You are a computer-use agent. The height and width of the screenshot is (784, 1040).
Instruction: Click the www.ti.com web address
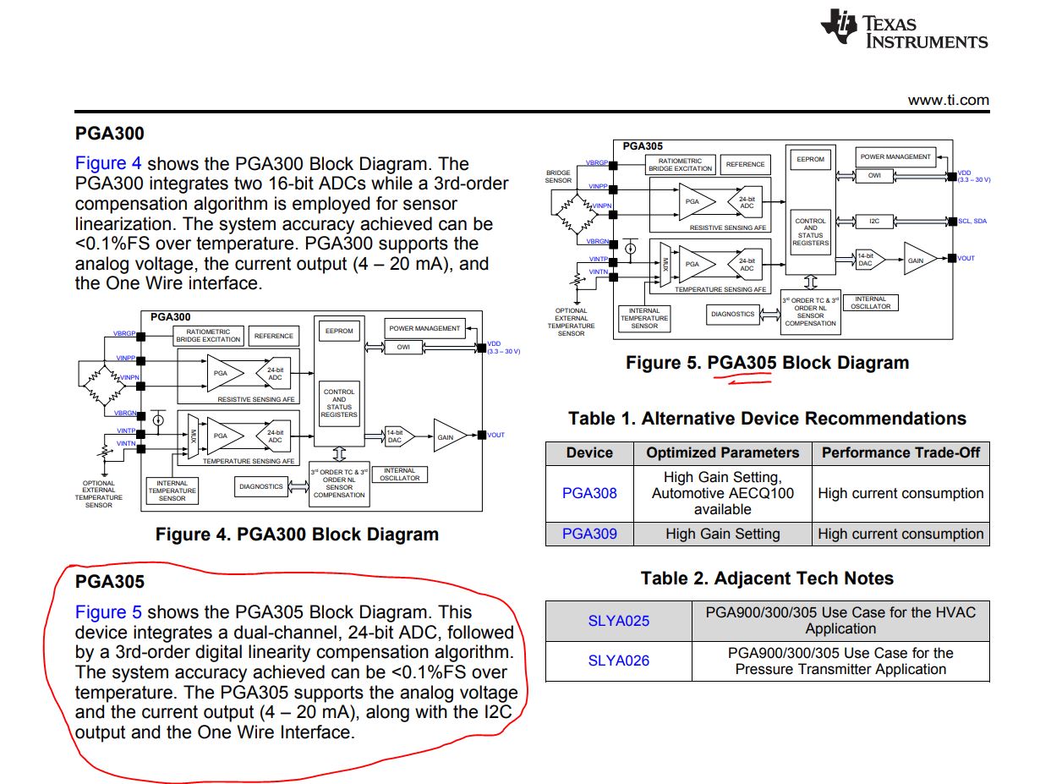pyautogui.click(x=948, y=100)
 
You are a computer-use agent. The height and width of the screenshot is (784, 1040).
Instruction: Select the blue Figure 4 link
pyautogui.click(x=108, y=164)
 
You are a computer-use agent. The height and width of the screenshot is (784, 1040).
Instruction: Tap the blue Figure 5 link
pyautogui.click(x=108, y=612)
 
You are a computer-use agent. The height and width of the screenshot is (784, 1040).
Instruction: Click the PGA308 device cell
pyautogui.click(x=589, y=493)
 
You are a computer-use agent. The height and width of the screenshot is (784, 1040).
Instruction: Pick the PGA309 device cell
pyautogui.click(x=589, y=534)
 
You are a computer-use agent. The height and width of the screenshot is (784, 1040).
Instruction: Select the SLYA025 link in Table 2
pyautogui.click(x=619, y=621)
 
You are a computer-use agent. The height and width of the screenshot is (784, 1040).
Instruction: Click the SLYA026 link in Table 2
pyautogui.click(x=619, y=661)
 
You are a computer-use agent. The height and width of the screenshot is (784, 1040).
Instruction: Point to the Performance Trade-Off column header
pyautogui.click(x=900, y=452)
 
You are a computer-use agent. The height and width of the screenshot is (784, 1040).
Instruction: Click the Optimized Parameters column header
pyautogui.click(x=722, y=452)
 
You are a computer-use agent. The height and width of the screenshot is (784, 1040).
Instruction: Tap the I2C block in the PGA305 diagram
pyautogui.click(x=874, y=221)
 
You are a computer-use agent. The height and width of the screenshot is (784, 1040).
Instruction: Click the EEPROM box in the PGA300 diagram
pyautogui.click(x=339, y=331)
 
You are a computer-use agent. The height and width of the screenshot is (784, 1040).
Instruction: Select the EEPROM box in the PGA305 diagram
pyautogui.click(x=810, y=159)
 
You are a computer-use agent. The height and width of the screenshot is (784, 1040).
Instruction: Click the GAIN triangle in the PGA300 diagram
pyautogui.click(x=447, y=436)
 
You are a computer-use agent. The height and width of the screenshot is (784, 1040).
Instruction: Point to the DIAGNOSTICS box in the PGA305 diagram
pyautogui.click(x=732, y=314)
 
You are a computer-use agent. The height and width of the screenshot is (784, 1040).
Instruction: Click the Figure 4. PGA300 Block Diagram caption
pyautogui.click(x=297, y=535)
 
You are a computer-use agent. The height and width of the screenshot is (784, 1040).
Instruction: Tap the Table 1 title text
pyautogui.click(x=767, y=419)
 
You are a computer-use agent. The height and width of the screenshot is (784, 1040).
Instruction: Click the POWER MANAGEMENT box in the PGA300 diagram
pyautogui.click(x=424, y=328)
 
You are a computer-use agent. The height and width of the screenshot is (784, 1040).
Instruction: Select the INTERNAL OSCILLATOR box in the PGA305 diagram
pyautogui.click(x=870, y=303)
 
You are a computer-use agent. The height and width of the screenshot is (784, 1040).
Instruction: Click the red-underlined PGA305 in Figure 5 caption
pyautogui.click(x=742, y=364)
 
